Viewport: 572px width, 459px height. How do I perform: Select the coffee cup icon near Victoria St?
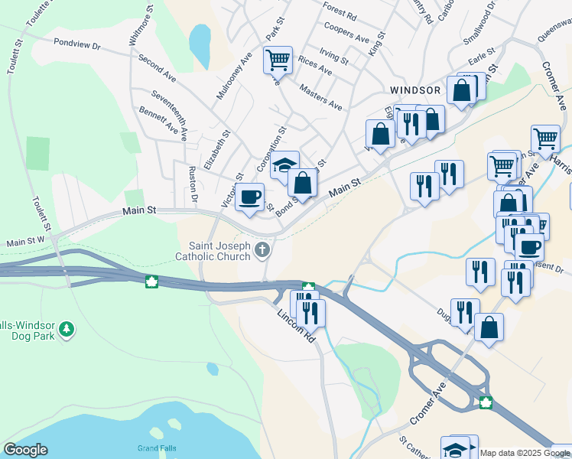[250, 197]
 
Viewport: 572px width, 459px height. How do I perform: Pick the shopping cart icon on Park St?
[278, 59]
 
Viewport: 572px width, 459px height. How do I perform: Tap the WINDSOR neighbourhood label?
[415, 90]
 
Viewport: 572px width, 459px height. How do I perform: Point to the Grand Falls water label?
[158, 448]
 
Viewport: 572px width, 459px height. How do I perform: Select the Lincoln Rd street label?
[296, 325]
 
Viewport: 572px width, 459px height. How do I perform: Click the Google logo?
[25, 450]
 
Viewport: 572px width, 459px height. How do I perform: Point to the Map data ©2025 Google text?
[514, 453]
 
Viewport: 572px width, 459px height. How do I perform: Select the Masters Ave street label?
[321, 98]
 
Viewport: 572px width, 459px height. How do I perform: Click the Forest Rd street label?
[340, 12]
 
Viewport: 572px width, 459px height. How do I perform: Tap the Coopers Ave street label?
[346, 35]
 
